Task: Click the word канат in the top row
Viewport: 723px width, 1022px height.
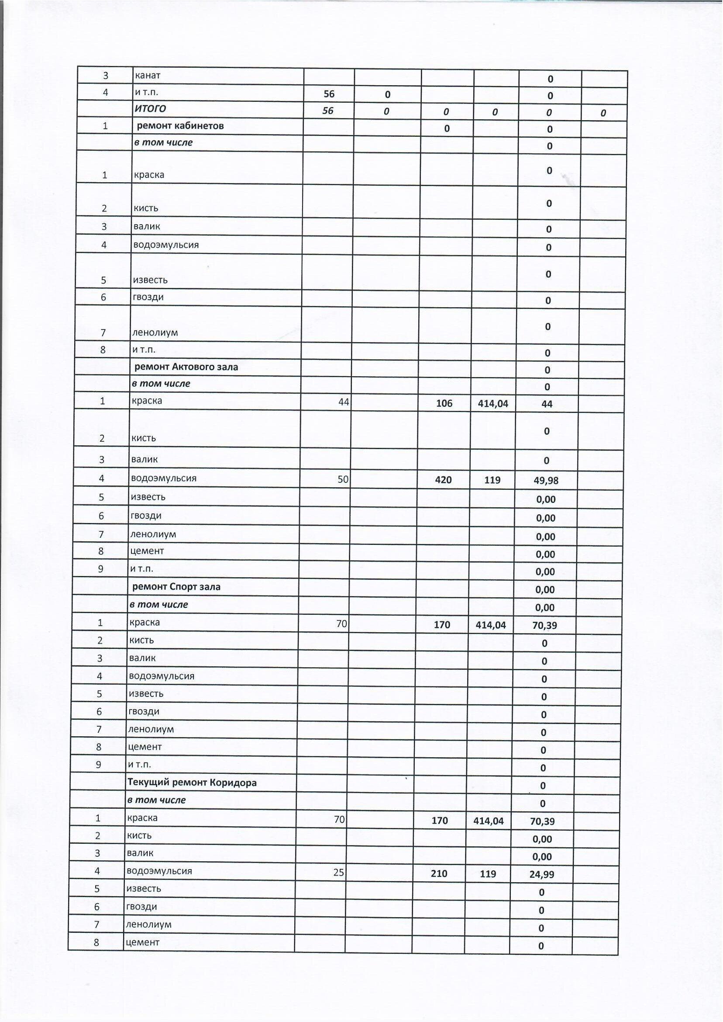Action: [148, 75]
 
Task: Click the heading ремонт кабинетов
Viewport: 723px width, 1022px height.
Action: [180, 126]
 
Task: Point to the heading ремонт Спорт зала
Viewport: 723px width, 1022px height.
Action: [176, 587]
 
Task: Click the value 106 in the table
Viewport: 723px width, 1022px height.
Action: [444, 404]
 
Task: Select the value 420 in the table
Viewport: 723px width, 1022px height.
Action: [444, 479]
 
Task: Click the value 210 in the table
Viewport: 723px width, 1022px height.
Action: [439, 873]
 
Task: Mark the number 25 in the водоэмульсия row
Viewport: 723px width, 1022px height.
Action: [338, 872]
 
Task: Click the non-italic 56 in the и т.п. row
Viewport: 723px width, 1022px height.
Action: [329, 94]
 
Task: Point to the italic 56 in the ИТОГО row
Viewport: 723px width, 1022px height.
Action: [328, 111]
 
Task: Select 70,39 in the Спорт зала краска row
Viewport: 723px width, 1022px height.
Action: [544, 626]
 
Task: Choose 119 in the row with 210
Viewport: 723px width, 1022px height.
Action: [488, 873]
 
